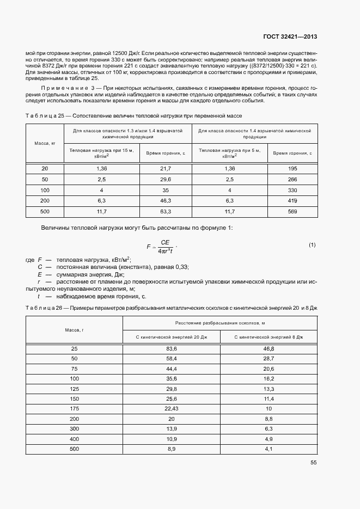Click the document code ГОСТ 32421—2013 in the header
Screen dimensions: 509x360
[290, 37]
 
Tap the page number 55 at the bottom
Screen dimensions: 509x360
[313, 463]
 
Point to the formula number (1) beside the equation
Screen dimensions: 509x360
[312, 246]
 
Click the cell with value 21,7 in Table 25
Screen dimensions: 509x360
[166, 169]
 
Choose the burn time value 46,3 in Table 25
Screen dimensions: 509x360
[166, 201]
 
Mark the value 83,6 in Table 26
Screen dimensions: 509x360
[172, 348]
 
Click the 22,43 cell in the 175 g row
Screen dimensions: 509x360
[172, 408]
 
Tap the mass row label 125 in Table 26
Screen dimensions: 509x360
[75, 388]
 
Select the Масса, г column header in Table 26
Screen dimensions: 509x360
[75, 330]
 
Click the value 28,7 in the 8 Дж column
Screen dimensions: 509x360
[269, 358]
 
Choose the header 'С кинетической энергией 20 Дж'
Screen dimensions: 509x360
[172, 338]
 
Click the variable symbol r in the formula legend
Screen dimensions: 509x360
[40, 281]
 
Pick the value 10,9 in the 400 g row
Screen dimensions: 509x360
[172, 438]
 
